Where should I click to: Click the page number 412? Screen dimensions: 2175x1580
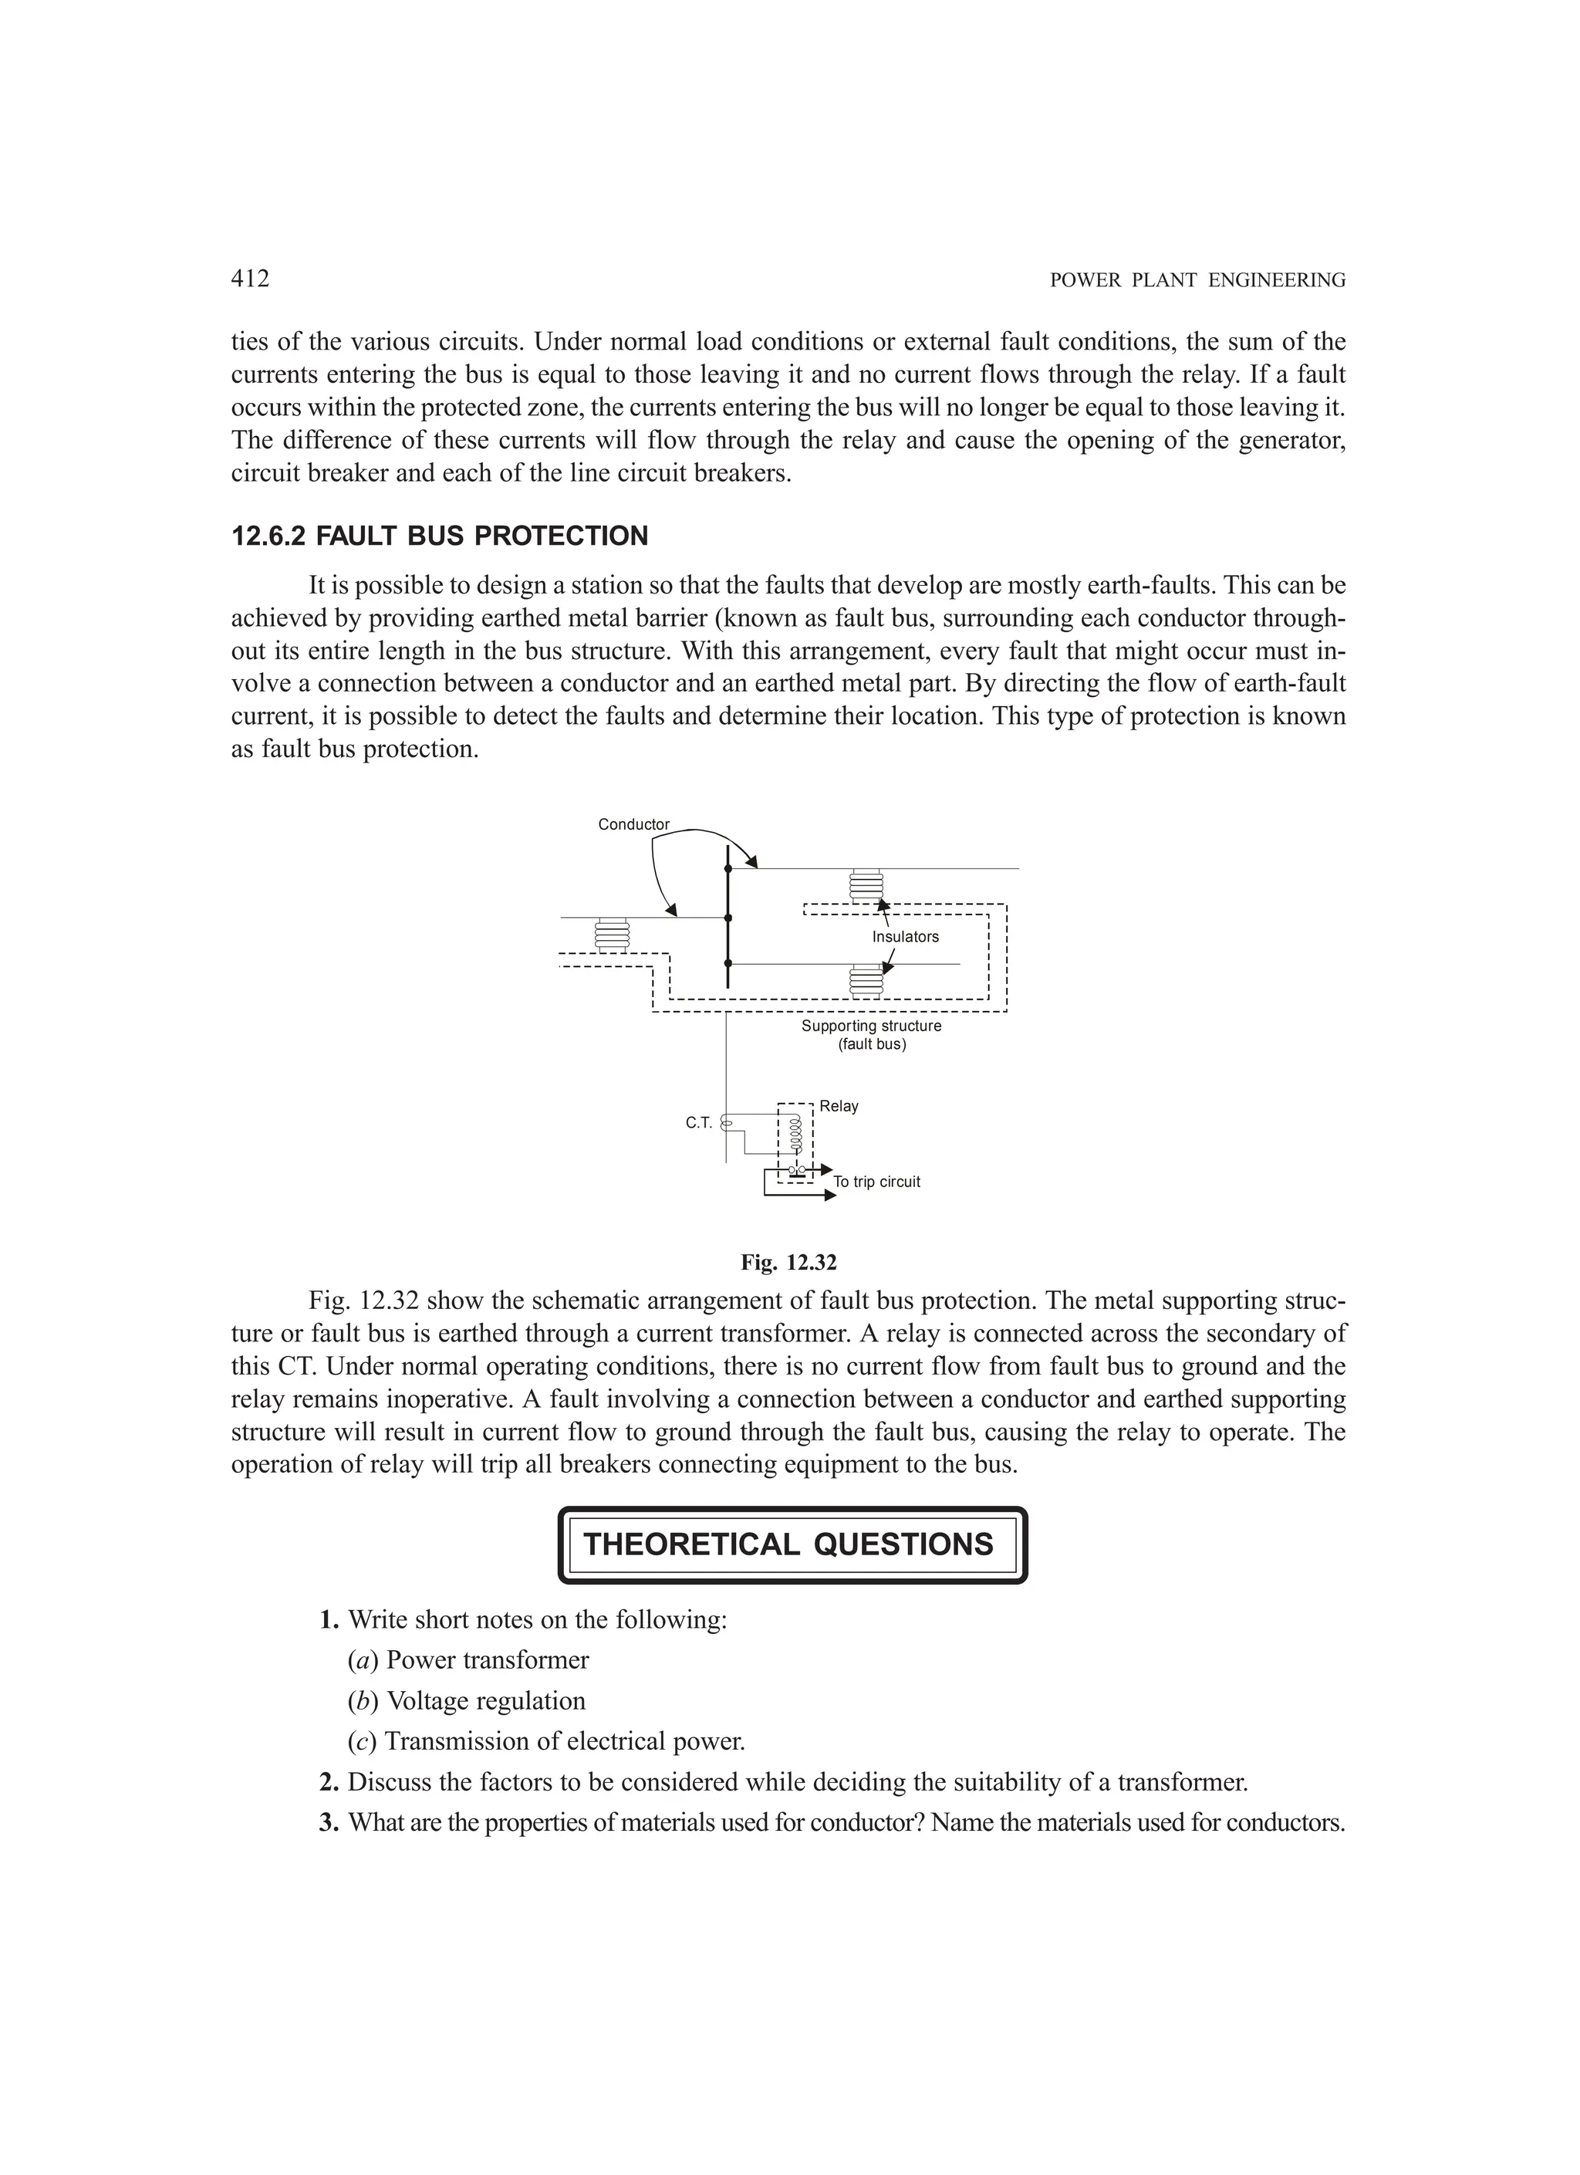[250, 279]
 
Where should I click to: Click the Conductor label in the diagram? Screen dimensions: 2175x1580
[633, 825]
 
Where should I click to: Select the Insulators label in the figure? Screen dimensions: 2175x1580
[905, 937]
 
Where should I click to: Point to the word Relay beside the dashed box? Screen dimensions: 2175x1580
[839, 1106]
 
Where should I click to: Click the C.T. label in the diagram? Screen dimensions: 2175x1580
[699, 1123]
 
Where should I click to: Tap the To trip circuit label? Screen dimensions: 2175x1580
[876, 1182]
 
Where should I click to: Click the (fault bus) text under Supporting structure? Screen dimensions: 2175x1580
[872, 1044]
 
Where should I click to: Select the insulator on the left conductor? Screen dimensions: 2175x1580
[613, 935]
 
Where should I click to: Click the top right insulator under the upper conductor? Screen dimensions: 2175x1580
[866, 885]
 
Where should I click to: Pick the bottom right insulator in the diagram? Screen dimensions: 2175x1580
[866, 980]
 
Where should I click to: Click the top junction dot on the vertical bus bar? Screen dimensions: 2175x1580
[728, 869]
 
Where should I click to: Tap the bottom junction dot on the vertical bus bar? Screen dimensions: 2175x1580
[728, 962]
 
